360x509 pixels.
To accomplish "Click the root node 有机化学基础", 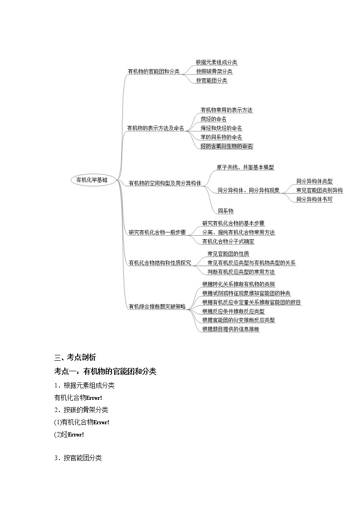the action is point(92,180).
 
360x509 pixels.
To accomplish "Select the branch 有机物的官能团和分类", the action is point(153,72).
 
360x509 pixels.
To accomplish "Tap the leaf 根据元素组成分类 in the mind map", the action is point(216,63).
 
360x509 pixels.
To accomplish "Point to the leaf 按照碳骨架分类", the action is point(214,72).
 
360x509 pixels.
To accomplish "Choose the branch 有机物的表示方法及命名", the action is point(156,128).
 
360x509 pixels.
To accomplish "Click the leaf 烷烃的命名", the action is point(214,119).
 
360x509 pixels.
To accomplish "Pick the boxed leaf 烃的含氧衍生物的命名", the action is point(227,146).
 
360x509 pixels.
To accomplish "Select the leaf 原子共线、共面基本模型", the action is point(245,167).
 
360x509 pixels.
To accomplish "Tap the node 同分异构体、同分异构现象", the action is point(248,190).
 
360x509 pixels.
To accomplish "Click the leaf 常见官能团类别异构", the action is point(319,190).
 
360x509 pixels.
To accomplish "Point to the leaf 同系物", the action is point(225,211).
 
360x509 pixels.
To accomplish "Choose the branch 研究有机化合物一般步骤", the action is point(157,233).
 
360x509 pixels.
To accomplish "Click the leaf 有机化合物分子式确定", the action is point(228,242).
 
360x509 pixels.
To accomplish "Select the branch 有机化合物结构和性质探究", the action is point(160,262).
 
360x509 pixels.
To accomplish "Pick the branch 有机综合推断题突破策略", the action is point(157,306).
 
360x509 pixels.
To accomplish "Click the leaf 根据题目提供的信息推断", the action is point(231,329).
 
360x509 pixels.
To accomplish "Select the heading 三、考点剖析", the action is point(75,358).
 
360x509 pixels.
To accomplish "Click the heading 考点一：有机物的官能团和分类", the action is point(105,372).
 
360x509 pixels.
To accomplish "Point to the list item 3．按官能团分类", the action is point(78,458).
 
